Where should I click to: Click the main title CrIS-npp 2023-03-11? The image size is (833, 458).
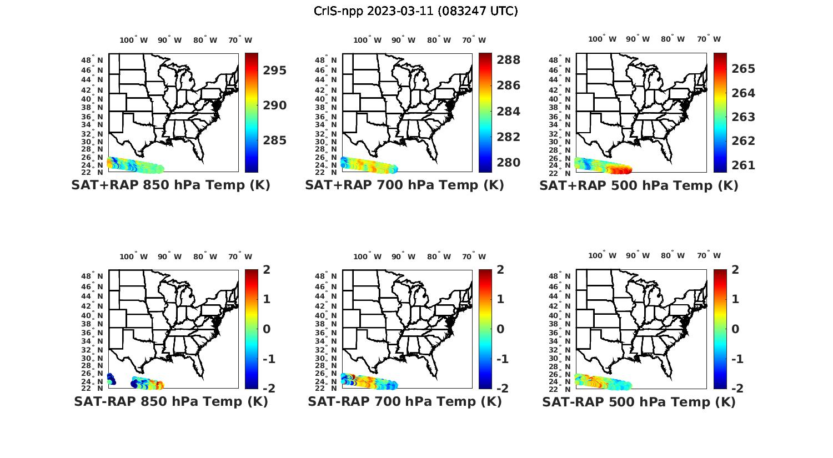tap(415, 11)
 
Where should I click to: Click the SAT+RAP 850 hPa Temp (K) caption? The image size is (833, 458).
tap(170, 185)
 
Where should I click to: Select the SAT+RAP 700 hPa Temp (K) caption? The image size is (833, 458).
tap(404, 185)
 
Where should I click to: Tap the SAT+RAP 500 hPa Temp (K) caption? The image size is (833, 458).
tap(639, 185)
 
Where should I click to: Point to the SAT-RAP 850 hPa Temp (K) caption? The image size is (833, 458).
tap(171, 401)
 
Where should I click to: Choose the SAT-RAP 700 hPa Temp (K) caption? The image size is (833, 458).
tap(405, 401)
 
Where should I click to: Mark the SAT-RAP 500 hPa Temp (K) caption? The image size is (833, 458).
tap(639, 402)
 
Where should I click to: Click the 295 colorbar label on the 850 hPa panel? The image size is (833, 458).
tap(275, 71)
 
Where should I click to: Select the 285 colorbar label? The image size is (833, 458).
tap(275, 140)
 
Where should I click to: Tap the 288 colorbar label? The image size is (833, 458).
tap(509, 60)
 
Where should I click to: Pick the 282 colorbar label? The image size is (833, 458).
tap(509, 137)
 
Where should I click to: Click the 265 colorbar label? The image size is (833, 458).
tap(743, 69)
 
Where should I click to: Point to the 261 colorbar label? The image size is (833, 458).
tap(743, 165)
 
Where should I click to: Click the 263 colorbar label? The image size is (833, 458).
tap(743, 117)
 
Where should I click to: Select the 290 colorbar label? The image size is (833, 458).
tap(275, 105)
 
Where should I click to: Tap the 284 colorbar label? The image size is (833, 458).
tap(509, 112)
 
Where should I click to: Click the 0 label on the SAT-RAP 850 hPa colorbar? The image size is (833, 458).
tap(267, 329)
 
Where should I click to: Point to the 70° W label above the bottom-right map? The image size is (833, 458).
tap(709, 256)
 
